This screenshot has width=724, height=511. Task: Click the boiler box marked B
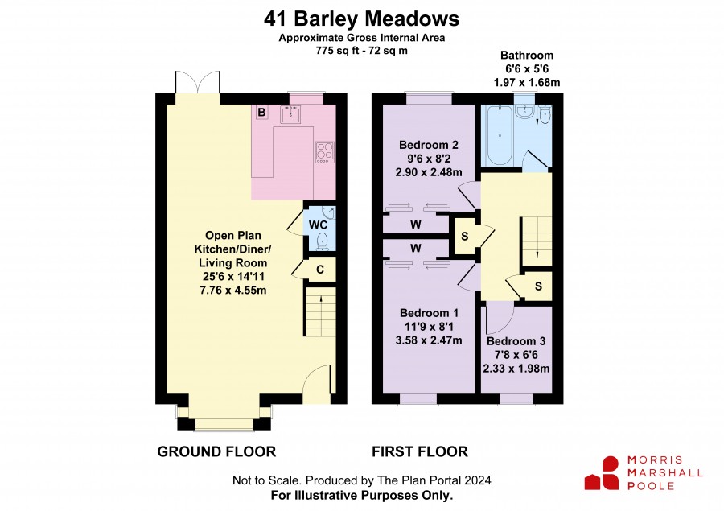[261, 112]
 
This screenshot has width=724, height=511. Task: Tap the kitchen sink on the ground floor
[290, 114]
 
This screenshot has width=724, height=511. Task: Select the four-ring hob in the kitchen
[325, 152]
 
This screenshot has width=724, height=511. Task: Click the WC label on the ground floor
[318, 225]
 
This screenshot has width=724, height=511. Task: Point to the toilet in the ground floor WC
[323, 241]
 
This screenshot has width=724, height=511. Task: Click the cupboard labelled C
[319, 270]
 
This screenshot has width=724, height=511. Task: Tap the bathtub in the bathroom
[500, 135]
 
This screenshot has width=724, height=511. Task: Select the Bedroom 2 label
[429, 145]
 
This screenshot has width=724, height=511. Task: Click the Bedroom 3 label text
[516, 341]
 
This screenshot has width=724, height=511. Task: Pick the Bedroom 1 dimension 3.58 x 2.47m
[429, 340]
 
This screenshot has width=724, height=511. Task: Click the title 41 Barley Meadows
[361, 19]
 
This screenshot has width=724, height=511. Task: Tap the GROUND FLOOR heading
[216, 451]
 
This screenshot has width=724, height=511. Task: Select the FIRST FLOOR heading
[420, 451]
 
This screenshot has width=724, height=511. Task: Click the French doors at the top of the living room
[198, 82]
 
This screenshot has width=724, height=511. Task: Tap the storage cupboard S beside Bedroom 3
[538, 286]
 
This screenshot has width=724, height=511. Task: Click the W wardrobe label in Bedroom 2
[416, 225]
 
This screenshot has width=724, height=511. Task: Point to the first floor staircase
[537, 241]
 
